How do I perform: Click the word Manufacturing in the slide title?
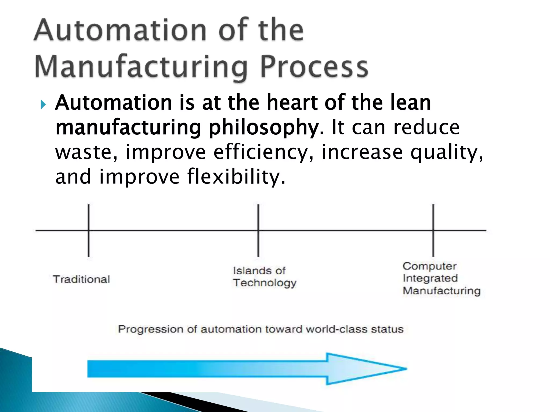(x=141, y=67)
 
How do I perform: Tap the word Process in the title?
(x=314, y=67)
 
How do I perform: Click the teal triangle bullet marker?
(x=43, y=105)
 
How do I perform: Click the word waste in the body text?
(x=86, y=152)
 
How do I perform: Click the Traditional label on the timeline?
(x=81, y=279)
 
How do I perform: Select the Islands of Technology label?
(x=265, y=277)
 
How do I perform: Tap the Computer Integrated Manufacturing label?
(x=441, y=278)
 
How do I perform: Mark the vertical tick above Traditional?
(x=89, y=230)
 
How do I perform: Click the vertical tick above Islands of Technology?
(x=258, y=230)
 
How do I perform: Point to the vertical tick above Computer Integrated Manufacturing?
(x=433, y=230)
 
